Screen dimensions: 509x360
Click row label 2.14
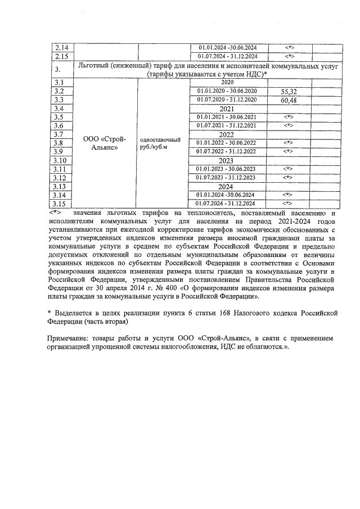click(x=60, y=47)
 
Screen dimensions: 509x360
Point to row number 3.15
click(x=60, y=204)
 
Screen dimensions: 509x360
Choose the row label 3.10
click(x=60, y=160)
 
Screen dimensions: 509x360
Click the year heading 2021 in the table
click(x=227, y=109)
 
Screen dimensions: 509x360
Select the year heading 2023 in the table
click(x=227, y=160)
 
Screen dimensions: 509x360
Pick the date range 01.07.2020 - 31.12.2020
click(x=227, y=100)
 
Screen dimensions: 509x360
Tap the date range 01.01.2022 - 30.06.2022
click(x=227, y=143)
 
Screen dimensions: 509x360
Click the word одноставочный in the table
click(x=160, y=139)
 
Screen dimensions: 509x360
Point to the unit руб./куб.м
click(x=154, y=147)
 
